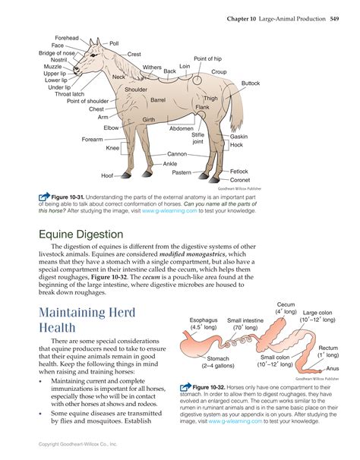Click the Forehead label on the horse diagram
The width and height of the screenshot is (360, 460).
66,38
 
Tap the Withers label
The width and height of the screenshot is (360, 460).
152,68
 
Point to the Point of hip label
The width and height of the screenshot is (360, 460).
208,58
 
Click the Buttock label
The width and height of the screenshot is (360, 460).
251,83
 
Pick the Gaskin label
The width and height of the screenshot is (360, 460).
239,136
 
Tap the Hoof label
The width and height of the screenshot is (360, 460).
107,175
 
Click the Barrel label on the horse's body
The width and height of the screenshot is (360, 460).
158,99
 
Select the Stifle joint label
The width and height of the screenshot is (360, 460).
197,138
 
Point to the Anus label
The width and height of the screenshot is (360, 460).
333,368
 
